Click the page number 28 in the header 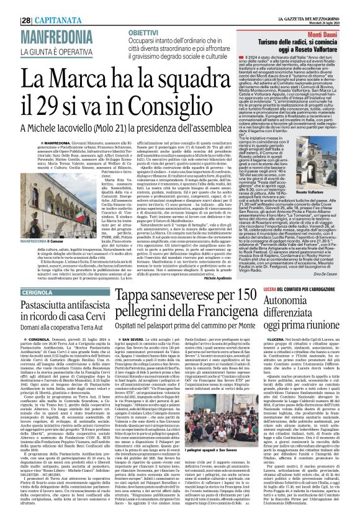pyautogui.click(x=11, y=7)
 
